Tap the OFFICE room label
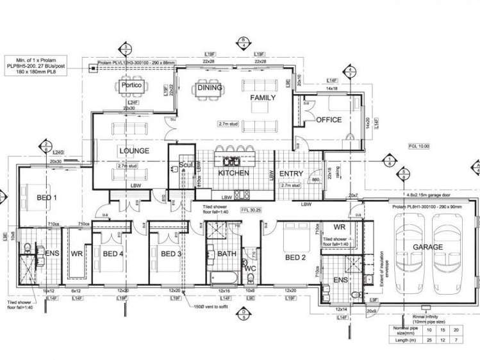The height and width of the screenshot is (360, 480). (329, 120)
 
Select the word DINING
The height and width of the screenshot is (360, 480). (210, 88)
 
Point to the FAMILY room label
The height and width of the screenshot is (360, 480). (263, 98)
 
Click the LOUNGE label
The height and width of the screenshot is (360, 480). (134, 151)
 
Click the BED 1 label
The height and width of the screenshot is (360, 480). (47, 197)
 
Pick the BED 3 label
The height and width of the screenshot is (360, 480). (172, 254)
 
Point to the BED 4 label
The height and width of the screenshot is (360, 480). (113, 254)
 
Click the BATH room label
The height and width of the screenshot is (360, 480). (227, 254)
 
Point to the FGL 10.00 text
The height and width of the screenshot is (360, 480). (419, 146)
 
